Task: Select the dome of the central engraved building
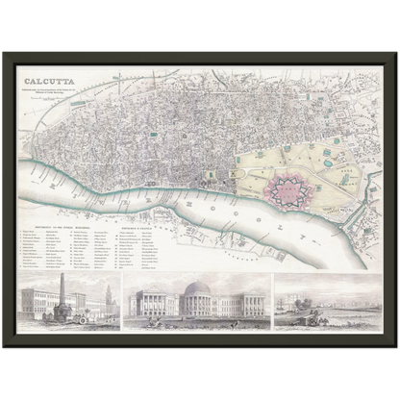[199, 288]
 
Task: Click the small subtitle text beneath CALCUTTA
[56, 93]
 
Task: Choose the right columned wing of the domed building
[240, 306]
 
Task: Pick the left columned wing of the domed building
[159, 306]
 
